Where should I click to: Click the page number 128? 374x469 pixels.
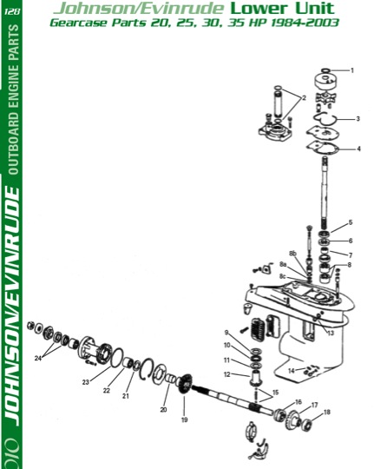12,11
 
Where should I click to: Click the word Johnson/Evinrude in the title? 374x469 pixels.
139,9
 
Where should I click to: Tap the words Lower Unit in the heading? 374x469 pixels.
282,8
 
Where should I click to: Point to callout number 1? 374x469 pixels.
352,70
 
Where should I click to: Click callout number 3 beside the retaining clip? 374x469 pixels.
358,119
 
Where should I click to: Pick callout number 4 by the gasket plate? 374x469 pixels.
358,149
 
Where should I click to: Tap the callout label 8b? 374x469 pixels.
292,254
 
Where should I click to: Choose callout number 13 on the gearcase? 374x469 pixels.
331,333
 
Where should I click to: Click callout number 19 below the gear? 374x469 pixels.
185,419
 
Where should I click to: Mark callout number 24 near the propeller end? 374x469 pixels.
38,358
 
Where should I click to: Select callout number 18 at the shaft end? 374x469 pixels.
327,412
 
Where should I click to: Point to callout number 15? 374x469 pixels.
275,392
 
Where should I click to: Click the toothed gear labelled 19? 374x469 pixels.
186,384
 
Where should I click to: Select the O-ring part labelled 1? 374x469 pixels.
325,70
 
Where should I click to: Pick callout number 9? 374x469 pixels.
226,333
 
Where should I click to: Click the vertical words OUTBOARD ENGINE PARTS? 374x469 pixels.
14,100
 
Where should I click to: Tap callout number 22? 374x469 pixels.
107,390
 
